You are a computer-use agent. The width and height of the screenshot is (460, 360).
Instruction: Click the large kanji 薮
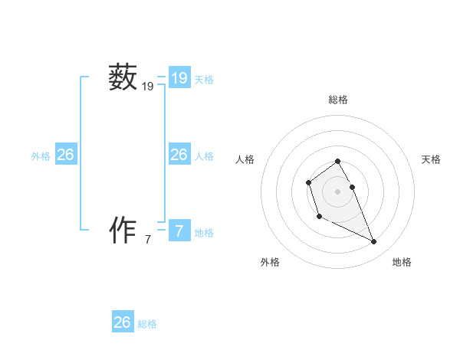click(123, 78)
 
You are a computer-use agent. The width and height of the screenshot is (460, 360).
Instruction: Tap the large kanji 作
click(123, 230)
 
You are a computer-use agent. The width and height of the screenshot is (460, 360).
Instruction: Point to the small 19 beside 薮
click(148, 87)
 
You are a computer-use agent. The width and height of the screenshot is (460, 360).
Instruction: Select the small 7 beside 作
click(148, 240)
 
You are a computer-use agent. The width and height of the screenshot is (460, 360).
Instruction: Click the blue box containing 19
click(179, 78)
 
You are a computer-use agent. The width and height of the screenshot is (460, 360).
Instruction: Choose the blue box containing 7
click(179, 231)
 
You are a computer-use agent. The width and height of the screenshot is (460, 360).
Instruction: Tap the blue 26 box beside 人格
click(179, 155)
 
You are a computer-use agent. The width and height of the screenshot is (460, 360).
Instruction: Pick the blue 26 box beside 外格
click(66, 155)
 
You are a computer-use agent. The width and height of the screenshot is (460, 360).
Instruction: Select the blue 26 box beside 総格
click(123, 322)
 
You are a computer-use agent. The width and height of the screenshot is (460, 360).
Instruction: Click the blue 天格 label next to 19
click(204, 80)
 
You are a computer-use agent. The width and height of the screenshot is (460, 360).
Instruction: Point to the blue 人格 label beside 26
click(204, 156)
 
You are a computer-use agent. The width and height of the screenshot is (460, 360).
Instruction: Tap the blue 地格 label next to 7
click(204, 233)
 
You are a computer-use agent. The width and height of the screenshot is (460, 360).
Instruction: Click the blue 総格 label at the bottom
click(147, 324)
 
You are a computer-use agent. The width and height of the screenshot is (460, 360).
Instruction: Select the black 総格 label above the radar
click(338, 100)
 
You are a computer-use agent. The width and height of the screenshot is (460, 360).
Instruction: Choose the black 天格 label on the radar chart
click(432, 159)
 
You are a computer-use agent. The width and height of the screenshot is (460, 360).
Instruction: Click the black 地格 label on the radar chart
click(402, 262)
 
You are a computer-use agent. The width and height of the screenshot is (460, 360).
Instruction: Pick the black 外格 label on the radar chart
click(270, 262)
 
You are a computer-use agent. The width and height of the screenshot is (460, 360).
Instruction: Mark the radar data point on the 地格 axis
click(374, 242)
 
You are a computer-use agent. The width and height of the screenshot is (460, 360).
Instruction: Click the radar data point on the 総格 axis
click(338, 161)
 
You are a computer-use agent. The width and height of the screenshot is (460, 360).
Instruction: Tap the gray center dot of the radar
click(338, 191)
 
